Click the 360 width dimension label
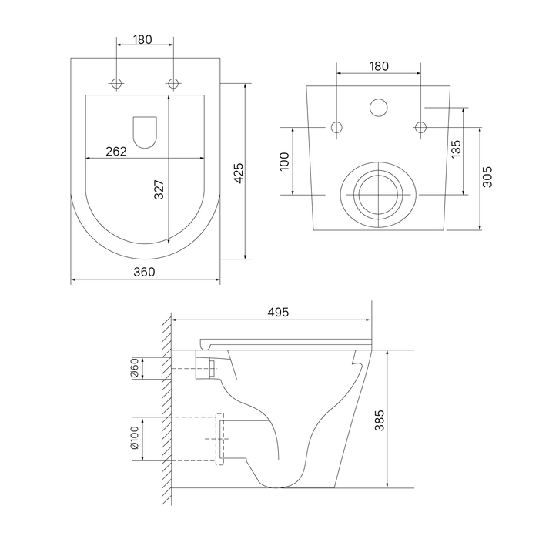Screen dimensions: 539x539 pos(144,272)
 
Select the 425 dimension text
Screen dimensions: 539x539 pos(239,173)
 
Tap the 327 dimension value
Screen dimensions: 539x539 pos(159,189)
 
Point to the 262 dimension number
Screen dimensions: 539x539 pos(116,151)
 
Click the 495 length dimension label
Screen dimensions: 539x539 pos(278,312)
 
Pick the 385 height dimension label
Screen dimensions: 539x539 pos(380,420)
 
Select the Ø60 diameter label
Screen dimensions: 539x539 pos(135,368)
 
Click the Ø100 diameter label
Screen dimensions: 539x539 pos(135,437)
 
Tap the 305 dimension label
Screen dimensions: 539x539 pos(487,177)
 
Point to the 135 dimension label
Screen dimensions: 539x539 pos(456,149)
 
